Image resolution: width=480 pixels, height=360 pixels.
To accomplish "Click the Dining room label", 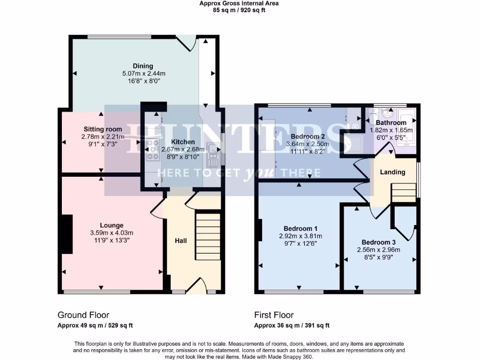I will [143, 66].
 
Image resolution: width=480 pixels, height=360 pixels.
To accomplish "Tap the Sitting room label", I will [103, 129].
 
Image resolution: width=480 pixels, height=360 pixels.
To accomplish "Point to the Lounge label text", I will [112, 225].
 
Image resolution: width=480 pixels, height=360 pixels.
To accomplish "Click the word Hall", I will [181, 240].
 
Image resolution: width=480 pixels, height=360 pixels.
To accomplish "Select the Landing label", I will [392, 172].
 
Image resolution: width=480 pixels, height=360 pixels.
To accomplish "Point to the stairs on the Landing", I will [404, 193].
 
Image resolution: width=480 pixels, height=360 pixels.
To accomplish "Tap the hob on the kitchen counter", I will [153, 151].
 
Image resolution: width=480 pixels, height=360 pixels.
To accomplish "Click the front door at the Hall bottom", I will [196, 287].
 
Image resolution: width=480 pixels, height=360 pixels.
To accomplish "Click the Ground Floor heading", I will [83, 315].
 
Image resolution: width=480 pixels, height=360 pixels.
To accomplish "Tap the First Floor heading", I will [274, 315].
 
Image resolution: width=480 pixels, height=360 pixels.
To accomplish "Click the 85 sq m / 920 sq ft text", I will [239, 10].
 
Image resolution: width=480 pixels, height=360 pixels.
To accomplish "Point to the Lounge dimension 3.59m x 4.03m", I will [112, 233].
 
